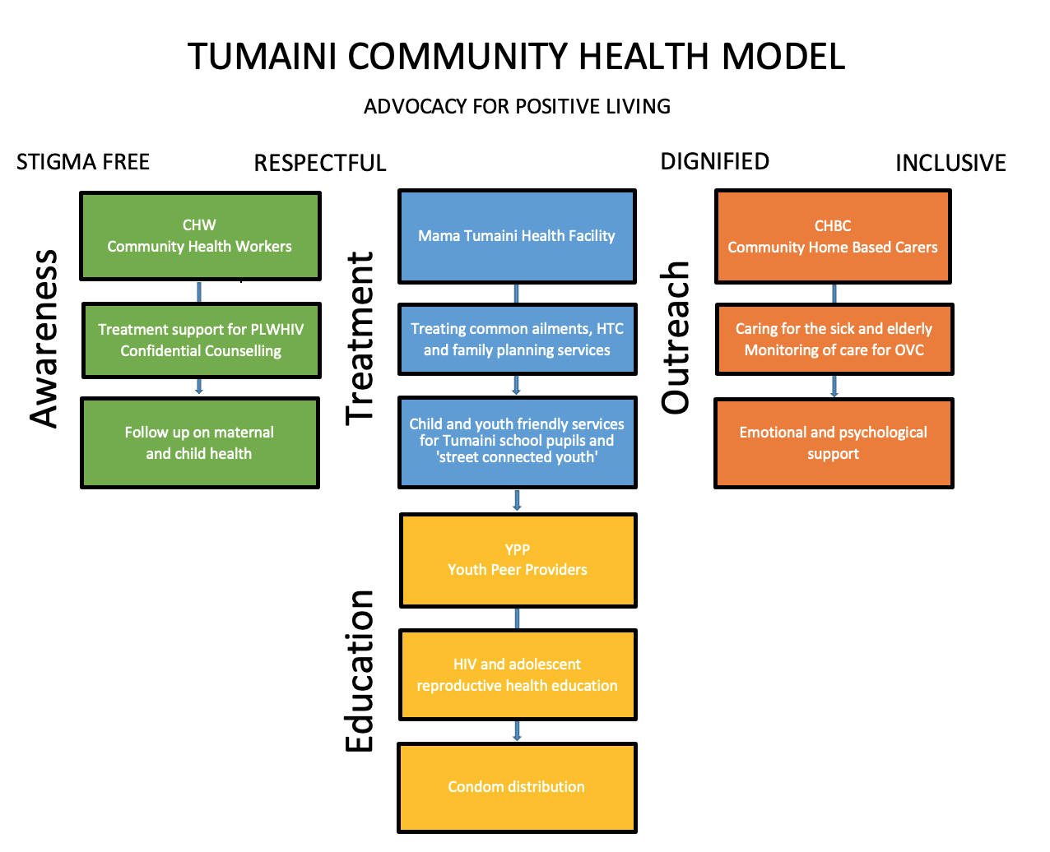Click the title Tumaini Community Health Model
(516, 57)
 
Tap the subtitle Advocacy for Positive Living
(517, 107)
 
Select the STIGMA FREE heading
(83, 162)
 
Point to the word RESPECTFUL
(320, 163)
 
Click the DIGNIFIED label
(714, 162)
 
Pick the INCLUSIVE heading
(950, 163)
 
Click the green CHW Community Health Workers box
(200, 236)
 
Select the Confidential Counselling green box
(201, 340)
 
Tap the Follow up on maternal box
(199, 443)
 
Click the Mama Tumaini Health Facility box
(517, 236)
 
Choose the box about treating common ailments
(517, 339)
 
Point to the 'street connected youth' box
(517, 442)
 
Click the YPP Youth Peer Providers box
(518, 560)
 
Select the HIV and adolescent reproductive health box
(517, 674)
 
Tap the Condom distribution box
(517, 787)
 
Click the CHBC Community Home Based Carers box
(833, 237)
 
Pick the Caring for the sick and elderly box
(834, 339)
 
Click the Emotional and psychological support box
(833, 443)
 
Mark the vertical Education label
(360, 670)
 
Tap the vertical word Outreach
(676, 337)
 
